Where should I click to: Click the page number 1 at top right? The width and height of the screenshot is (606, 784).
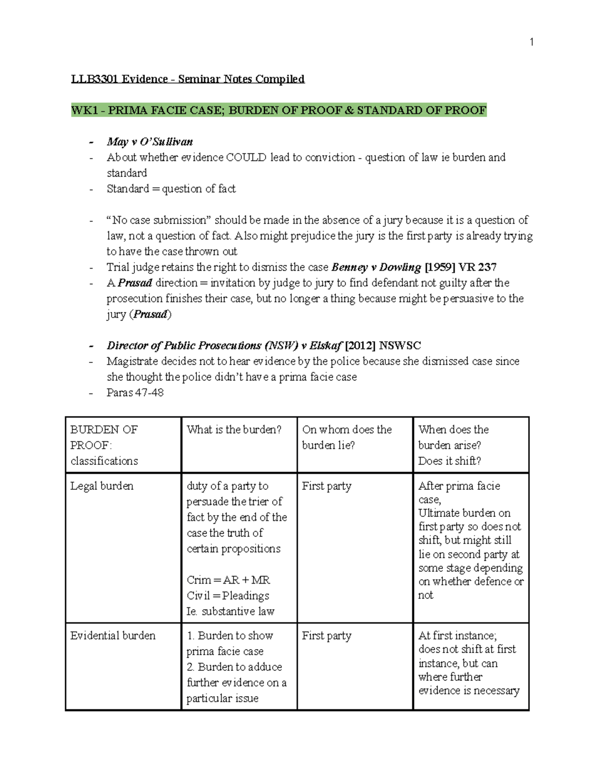[531, 42]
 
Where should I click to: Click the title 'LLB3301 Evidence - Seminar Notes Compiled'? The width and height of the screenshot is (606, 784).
[187, 79]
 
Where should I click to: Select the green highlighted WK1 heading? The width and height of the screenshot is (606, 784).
[278, 110]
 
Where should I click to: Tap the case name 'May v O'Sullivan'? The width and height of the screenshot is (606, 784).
[149, 142]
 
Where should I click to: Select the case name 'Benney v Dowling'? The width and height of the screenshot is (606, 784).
[376, 267]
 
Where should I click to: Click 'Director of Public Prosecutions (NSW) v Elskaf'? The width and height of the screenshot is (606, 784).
[224, 346]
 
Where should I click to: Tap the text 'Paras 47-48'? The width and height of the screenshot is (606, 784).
[135, 393]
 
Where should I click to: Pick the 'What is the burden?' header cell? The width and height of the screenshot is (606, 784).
[234, 430]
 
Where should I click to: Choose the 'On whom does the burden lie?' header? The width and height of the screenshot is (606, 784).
[346, 437]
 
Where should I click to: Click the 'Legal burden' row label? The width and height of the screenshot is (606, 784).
[102, 486]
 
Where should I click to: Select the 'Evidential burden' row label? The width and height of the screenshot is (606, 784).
[113, 636]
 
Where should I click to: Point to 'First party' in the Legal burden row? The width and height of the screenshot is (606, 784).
[326, 486]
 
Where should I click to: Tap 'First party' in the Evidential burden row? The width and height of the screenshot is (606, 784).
[326, 636]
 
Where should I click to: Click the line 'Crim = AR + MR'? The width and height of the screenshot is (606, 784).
[228, 580]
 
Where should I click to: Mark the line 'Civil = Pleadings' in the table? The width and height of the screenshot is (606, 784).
[228, 596]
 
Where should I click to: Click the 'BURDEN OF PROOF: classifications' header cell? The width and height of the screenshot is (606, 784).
[104, 445]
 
